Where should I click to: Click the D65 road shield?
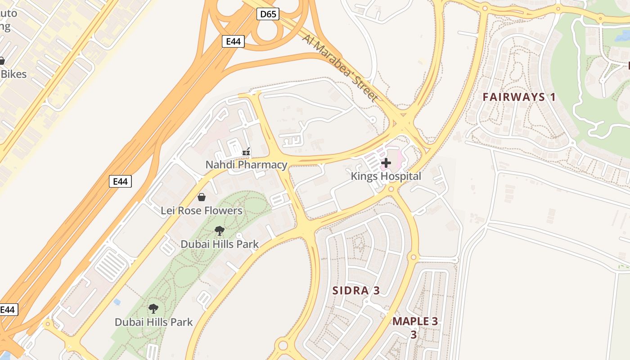(x=268, y=14)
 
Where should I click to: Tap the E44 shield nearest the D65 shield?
(x=233, y=42)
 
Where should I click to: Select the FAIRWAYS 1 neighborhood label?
(x=519, y=97)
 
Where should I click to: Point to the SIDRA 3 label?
(x=356, y=291)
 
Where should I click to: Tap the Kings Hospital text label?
(x=386, y=176)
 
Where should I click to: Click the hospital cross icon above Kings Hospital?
(x=386, y=163)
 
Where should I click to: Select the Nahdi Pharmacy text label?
(x=246, y=165)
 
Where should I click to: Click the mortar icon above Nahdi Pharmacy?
(x=246, y=152)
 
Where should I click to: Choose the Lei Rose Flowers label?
(x=202, y=211)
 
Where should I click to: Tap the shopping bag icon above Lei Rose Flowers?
(x=202, y=197)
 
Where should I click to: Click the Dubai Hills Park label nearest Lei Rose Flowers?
(x=220, y=244)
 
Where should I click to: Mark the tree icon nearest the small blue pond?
(x=153, y=309)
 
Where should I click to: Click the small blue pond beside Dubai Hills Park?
(x=117, y=302)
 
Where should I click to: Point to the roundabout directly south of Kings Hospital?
(x=391, y=189)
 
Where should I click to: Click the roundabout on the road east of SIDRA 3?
(x=413, y=257)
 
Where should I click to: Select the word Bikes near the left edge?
(x=13, y=74)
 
